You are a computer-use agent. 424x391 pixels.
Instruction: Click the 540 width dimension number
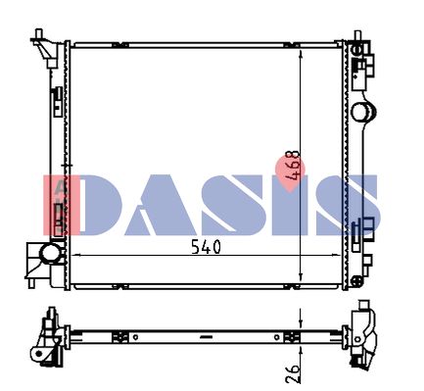coord(206,247)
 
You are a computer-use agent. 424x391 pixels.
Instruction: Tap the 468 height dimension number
coord(292,166)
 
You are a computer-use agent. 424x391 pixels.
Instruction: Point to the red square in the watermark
coord(62,205)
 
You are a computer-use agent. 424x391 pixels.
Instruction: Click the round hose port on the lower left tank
coord(50,253)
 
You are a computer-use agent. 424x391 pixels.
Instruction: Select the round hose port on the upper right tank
coord(363,112)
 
